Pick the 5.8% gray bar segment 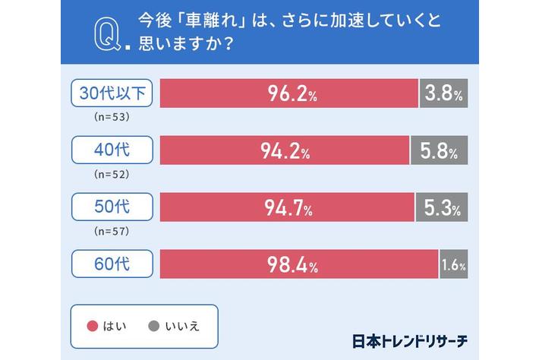point(439,150)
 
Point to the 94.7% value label point(288,207)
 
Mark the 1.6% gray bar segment point(452,264)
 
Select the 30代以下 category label point(112,93)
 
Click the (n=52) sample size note point(112,175)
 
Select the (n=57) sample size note point(112,232)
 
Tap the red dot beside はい point(93,325)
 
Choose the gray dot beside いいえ point(153,325)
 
